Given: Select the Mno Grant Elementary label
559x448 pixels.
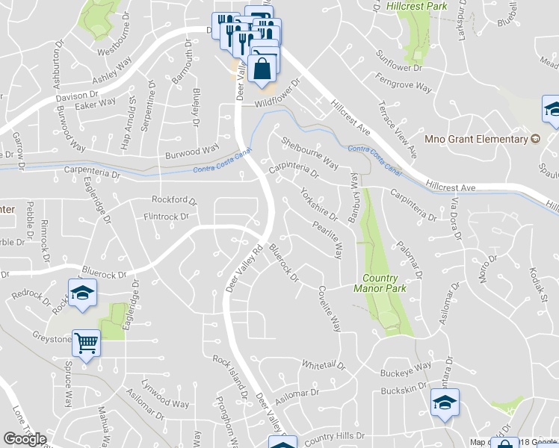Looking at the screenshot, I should tap(487, 139).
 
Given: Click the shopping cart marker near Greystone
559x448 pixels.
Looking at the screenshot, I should tap(87, 344).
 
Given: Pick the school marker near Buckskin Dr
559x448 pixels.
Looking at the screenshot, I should tap(445, 404).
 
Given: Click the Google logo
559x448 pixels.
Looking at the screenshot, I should tap(25, 439).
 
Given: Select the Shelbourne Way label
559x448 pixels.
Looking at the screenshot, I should tap(309, 152).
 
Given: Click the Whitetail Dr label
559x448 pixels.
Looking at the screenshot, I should tap(323, 366).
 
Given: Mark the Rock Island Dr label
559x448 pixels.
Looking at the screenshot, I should tap(229, 376).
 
